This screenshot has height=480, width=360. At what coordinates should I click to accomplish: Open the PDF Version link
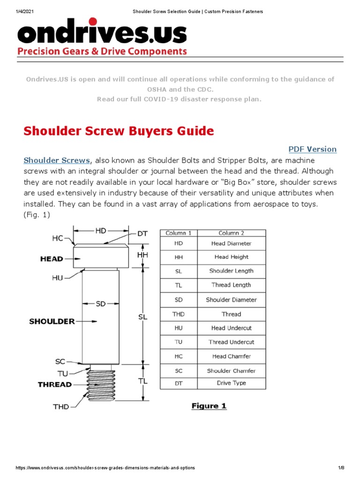[x=312, y=149]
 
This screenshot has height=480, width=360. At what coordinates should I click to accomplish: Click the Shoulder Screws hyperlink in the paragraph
[x=57, y=160]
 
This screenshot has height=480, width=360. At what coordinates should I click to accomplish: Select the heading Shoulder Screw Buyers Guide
[x=119, y=131]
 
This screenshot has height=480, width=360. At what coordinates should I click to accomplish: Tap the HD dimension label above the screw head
[x=101, y=231]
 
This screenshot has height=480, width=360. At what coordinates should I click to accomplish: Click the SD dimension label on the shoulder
[x=101, y=304]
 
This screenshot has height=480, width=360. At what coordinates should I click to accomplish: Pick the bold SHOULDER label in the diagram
[x=52, y=322]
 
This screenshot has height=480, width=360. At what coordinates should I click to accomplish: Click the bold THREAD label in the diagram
[x=55, y=384]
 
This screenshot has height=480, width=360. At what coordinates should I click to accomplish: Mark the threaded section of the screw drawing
[x=101, y=384]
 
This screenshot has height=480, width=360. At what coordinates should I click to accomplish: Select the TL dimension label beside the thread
[x=143, y=382]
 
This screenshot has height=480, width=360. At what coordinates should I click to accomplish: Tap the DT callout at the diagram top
[x=143, y=233]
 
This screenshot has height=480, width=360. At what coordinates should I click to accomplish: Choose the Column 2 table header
[x=231, y=233]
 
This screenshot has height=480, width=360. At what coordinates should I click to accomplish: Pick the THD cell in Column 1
[x=179, y=314]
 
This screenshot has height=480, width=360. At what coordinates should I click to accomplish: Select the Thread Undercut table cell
[x=231, y=342]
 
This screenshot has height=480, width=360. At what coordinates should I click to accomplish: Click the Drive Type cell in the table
[x=231, y=383]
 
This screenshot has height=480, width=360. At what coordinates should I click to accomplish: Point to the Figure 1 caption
[x=209, y=406]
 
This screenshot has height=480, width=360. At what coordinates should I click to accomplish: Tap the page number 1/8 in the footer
[x=341, y=468]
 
